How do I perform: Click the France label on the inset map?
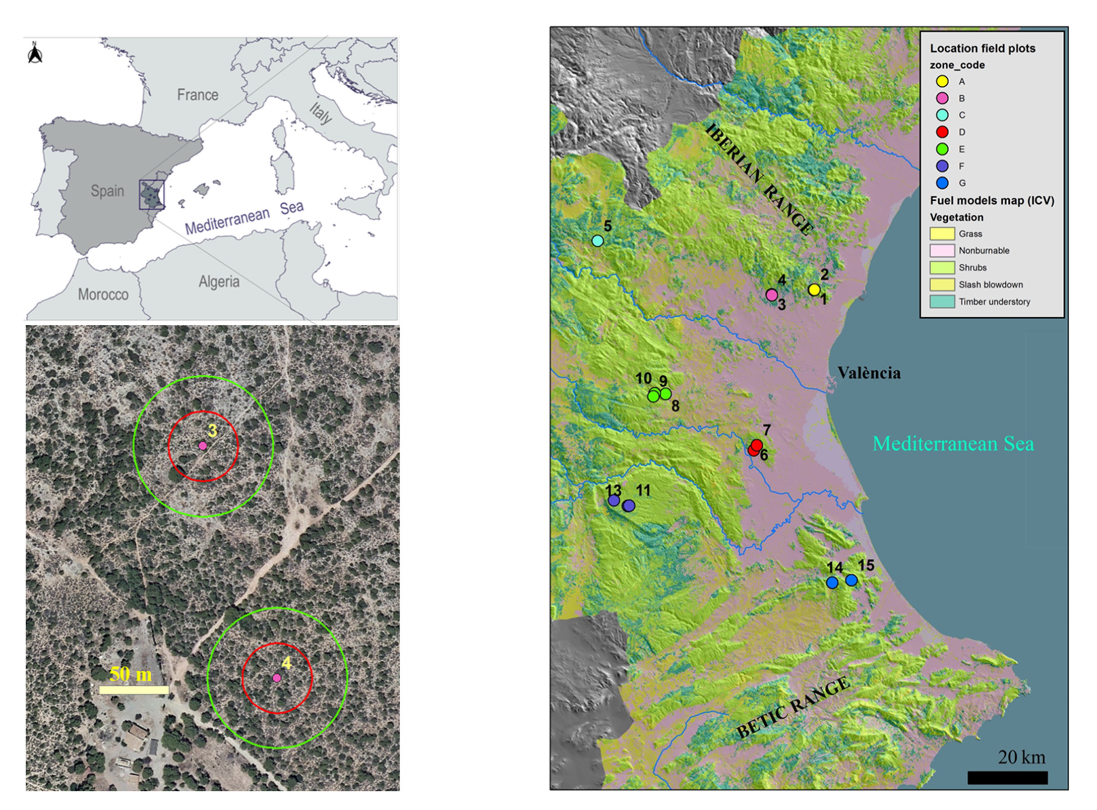(198, 95)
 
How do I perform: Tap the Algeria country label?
(219, 281)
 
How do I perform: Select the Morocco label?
(103, 295)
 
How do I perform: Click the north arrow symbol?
(35, 53)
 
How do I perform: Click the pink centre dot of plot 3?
(203, 446)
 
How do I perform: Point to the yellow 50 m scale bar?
(134, 690)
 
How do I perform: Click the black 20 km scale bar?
(1007, 778)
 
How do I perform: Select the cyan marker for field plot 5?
(597, 241)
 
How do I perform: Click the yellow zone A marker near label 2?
(814, 290)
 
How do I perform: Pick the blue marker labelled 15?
(851, 580)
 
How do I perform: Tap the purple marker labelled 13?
(614, 500)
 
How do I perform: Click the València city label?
(869, 373)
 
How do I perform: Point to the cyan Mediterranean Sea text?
(953, 444)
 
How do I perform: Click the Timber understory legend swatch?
(942, 302)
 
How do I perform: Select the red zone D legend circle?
(942, 132)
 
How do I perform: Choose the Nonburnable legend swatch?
(942, 250)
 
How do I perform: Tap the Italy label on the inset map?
(321, 113)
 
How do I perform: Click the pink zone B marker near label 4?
(771, 295)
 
